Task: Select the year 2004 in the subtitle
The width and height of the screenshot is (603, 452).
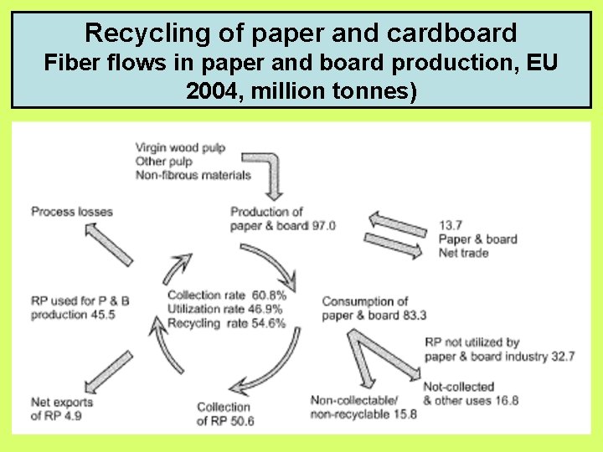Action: pos(211,90)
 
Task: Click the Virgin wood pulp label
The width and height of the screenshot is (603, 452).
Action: pos(180,148)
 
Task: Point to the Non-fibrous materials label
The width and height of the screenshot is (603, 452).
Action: pos(193,175)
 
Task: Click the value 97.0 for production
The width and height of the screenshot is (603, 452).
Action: pos(322,225)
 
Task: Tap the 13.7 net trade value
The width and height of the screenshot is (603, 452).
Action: pos(450,225)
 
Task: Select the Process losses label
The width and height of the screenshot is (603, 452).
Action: pos(72,212)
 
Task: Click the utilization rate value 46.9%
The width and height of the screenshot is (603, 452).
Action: pos(268,309)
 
